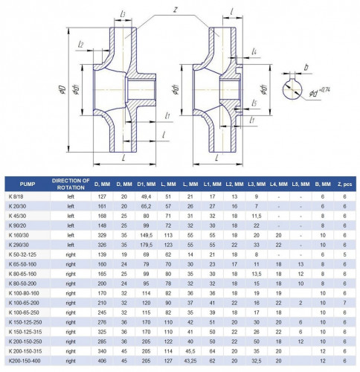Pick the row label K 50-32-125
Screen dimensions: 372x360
[22, 253]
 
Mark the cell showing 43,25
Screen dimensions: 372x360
[190, 361]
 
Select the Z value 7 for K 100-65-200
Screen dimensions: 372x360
[344, 304]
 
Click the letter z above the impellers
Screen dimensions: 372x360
[174, 10]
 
